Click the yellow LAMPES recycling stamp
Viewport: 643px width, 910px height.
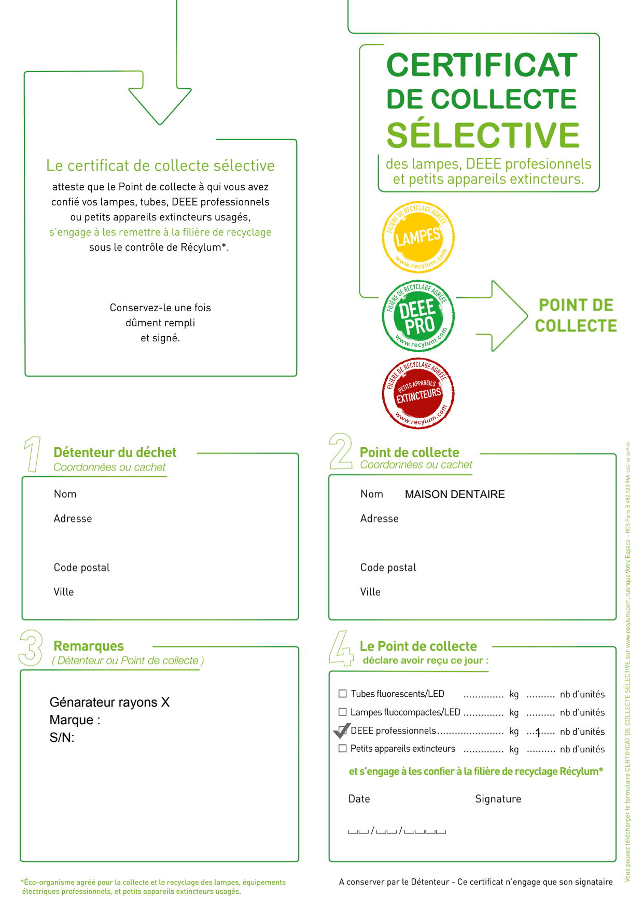(418, 237)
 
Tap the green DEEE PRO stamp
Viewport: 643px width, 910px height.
(418, 316)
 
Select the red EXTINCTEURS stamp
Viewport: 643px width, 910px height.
(418, 394)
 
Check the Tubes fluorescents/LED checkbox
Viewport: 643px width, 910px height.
(342, 694)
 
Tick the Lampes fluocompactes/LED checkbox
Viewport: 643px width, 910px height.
(342, 712)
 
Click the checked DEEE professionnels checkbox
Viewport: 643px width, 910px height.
(342, 730)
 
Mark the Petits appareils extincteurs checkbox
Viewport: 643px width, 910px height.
(342, 748)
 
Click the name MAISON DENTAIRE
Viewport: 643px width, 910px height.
(454, 494)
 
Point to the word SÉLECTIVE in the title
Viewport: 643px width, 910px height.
(483, 135)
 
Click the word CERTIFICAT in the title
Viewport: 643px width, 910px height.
(482, 65)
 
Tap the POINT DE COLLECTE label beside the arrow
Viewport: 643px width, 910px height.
(576, 315)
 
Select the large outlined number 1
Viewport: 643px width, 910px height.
(33, 454)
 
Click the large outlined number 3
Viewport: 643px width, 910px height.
(31, 648)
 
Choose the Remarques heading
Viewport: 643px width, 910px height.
(89, 646)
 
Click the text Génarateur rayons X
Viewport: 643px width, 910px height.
(109, 702)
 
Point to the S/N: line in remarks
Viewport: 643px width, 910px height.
(62, 737)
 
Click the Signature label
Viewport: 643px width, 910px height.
(498, 799)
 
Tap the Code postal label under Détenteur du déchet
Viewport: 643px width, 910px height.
(81, 568)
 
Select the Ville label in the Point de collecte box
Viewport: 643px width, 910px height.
(370, 592)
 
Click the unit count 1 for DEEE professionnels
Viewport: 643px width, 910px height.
(538, 732)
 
